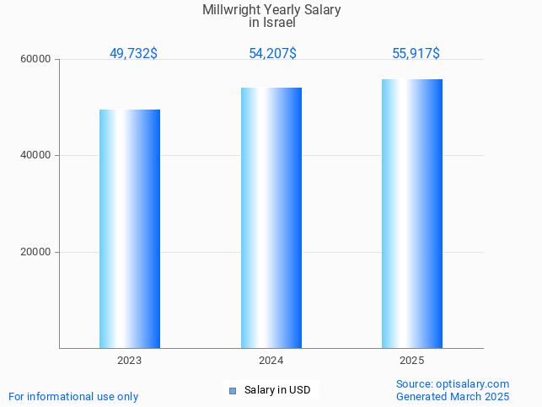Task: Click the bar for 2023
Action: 130,228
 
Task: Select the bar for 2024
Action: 271,217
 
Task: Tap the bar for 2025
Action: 412,213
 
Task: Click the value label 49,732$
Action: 133,54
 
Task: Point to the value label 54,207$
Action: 272,54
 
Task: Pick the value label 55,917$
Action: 416,54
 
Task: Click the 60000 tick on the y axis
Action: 36,59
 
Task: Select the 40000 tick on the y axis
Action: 36,156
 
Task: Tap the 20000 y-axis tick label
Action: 36,252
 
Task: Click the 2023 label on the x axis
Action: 130,361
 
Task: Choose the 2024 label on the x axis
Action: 271,361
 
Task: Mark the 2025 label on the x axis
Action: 412,361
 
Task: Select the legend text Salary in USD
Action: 277,390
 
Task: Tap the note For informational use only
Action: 73,396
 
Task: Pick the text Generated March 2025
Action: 452,396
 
